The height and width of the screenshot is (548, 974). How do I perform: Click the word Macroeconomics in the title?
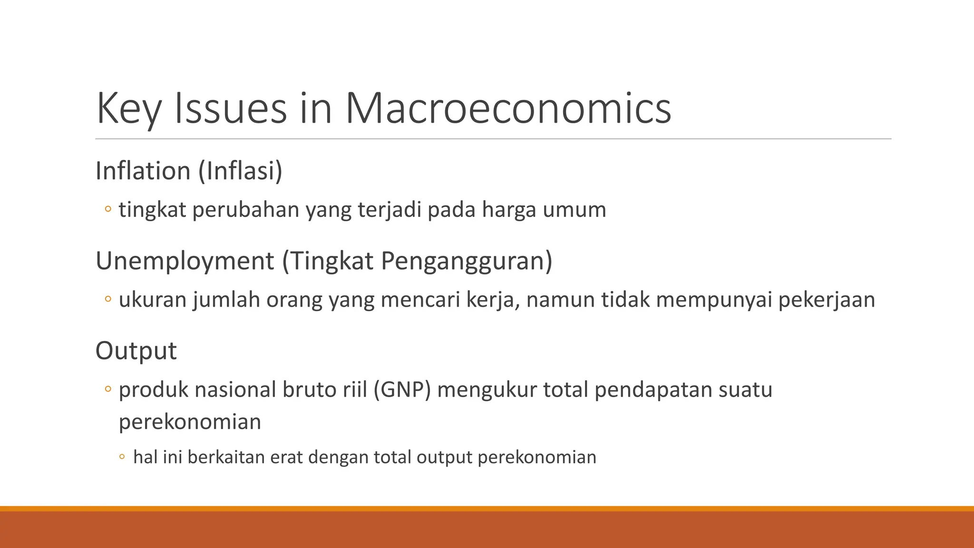click(x=508, y=108)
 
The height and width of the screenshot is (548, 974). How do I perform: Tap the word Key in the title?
click(x=128, y=108)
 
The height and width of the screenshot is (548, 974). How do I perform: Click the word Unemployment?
click(x=185, y=261)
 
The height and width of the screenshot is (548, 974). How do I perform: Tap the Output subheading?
click(x=136, y=351)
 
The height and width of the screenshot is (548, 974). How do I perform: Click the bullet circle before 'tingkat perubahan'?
click(x=108, y=209)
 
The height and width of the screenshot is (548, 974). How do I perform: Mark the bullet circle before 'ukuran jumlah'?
click(x=108, y=299)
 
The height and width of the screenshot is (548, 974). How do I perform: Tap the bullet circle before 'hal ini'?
click(x=122, y=458)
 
